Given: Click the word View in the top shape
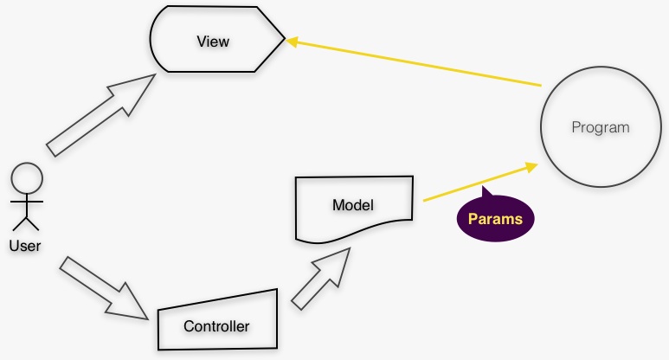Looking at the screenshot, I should [213, 41].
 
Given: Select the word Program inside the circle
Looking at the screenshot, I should [600, 127].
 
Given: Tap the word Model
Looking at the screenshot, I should [352, 205].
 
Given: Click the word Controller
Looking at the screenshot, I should [216, 326].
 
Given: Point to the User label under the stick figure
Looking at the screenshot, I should [25, 245].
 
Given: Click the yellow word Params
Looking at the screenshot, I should [495, 218].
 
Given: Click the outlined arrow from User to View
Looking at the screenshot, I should [100, 115].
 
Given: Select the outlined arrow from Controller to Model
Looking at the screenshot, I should [322, 275].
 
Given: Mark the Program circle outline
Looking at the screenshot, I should [542, 127].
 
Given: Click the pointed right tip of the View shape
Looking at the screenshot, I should [284, 40].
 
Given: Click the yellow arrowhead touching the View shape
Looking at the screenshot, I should [294, 42].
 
